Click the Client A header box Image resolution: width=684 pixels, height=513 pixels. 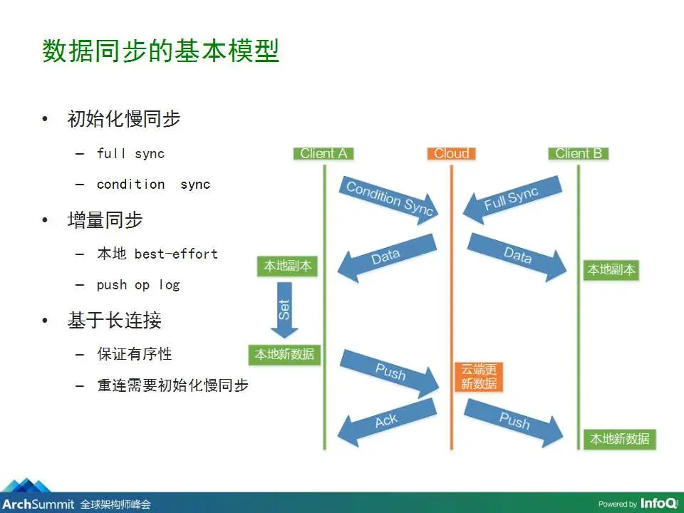pos(323,154)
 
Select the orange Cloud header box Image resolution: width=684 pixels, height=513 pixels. pos(452,154)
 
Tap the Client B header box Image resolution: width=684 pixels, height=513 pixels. pos(578,154)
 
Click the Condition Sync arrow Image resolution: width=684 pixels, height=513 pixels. pos(389,199)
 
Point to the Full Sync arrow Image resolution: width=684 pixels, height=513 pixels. pos(512,199)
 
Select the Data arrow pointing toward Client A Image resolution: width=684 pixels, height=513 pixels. pos(387,257)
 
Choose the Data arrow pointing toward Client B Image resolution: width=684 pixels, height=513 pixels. pos(517,256)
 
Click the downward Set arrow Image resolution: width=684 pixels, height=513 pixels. pos(284,310)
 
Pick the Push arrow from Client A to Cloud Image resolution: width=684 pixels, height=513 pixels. pos(390,373)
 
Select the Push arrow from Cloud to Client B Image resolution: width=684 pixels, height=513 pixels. pos(514,423)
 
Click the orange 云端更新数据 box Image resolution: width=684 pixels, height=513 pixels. pos(479,376)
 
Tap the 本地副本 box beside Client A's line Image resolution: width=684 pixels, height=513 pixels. pos(287,266)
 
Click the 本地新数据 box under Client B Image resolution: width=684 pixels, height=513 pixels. pos(619,439)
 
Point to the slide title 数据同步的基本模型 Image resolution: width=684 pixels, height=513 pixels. pos(160,51)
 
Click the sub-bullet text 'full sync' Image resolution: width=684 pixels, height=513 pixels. pos(130,154)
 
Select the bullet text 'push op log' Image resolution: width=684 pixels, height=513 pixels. pos(138,285)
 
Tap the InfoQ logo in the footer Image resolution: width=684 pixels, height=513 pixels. pos(659,504)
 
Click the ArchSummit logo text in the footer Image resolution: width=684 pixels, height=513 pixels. pos(38,504)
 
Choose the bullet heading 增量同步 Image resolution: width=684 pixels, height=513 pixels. pos(105,219)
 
